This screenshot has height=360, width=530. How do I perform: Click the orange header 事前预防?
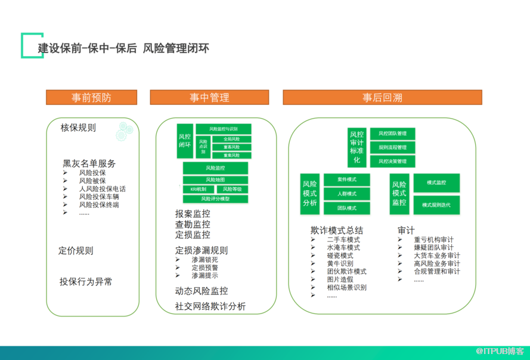pos(91,97)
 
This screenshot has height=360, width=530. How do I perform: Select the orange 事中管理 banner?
pos(209,97)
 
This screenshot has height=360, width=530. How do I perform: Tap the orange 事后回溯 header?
pos(382,97)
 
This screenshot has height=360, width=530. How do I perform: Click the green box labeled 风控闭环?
pos(185,141)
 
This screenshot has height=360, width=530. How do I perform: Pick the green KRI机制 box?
pos(199,189)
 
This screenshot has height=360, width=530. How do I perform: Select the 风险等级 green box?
pos(232,189)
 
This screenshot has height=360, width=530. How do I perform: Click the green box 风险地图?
pos(215,179)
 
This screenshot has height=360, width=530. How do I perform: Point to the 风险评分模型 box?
pos(215,198)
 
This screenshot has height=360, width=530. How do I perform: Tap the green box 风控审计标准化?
pos(356,147)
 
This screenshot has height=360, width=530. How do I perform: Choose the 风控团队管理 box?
pos(392,134)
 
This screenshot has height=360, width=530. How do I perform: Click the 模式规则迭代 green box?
pos(436,205)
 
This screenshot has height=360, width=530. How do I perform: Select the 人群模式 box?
pos(346,194)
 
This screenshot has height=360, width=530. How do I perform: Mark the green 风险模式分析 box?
pos(309,194)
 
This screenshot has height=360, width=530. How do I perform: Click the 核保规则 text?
pos(78,128)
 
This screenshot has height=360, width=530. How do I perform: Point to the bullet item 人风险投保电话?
pos(102,189)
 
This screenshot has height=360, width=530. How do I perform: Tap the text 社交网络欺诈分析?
pos(210,306)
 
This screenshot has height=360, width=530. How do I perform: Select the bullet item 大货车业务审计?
pos(436,256)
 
